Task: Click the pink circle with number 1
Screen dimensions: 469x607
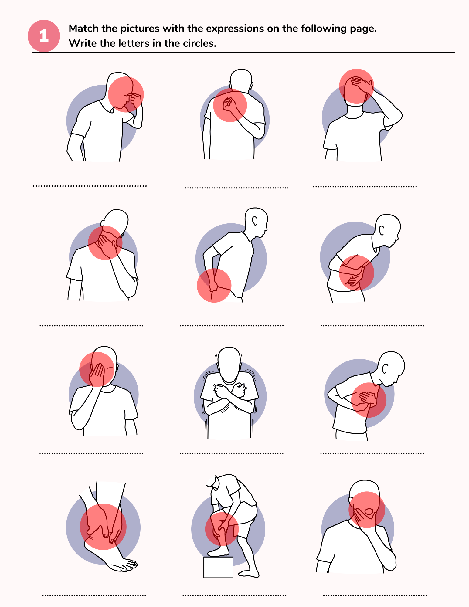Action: (x=44, y=36)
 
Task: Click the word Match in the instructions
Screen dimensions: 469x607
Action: (x=84, y=29)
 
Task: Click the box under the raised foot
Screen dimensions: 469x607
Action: (x=218, y=567)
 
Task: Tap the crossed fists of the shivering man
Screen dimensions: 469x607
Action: (x=229, y=390)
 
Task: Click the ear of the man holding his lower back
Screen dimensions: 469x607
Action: (x=255, y=221)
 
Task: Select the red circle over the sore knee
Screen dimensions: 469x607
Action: (x=222, y=529)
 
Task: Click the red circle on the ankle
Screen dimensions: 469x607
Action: (x=103, y=527)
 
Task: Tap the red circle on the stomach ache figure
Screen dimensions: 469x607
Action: (x=356, y=273)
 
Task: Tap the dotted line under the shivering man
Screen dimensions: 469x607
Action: (x=231, y=453)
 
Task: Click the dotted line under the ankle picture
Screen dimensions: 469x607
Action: (x=94, y=595)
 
